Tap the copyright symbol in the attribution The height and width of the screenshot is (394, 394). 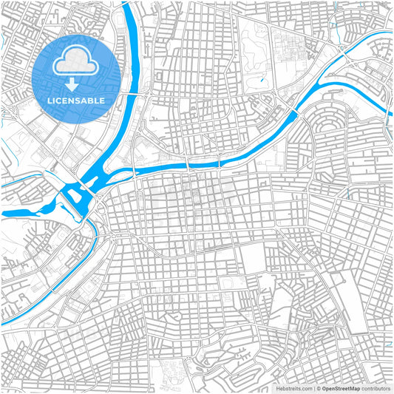tap(319, 387)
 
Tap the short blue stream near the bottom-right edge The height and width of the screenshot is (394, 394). tap(387, 343)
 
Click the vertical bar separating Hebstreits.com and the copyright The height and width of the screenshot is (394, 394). tap(314, 387)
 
